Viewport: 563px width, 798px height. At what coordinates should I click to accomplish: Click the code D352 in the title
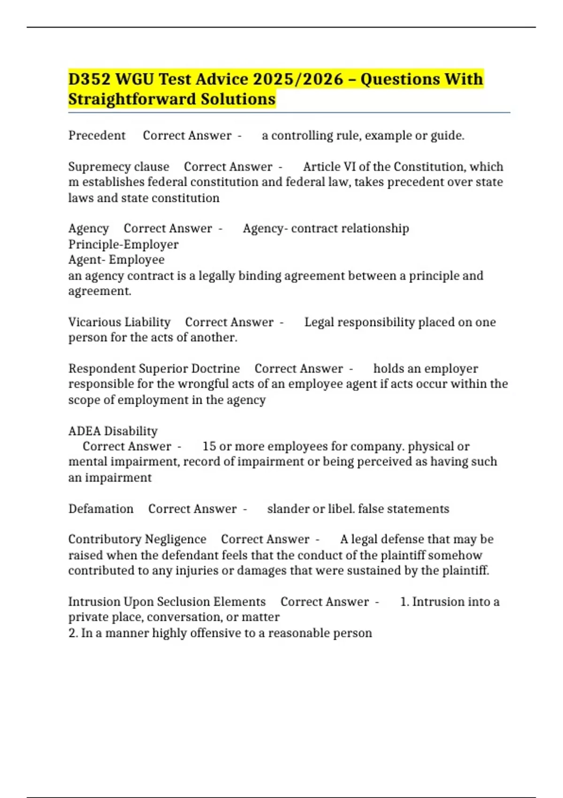pos(89,79)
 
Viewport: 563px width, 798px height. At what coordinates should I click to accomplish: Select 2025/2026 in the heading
pos(298,79)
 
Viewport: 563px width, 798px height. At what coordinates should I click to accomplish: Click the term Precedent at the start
pos(97,136)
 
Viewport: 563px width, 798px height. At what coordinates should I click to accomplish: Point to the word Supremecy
pos(92,167)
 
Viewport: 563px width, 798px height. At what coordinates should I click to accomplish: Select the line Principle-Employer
pos(123,245)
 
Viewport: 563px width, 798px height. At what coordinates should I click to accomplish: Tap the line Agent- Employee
pos(116,260)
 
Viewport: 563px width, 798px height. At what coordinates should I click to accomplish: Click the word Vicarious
pos(92,322)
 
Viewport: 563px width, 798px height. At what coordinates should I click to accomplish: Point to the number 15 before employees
pos(209,446)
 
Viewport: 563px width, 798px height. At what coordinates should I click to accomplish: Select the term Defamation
pos(101,509)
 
